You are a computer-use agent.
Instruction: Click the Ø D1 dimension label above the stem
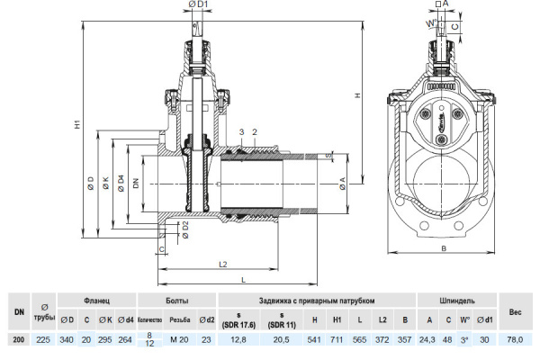tap(199, 5)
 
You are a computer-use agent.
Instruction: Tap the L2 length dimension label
tap(223, 263)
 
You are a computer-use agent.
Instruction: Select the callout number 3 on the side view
tap(241, 132)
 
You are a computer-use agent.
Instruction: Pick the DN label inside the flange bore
tap(136, 184)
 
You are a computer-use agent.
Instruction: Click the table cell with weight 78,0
tap(515, 339)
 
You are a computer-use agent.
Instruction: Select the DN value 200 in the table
tap(18, 339)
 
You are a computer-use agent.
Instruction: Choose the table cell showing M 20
tap(180, 339)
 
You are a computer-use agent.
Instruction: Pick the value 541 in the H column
tap(314, 339)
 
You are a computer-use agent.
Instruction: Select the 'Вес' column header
tap(515, 311)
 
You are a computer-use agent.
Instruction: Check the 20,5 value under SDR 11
tap(281, 339)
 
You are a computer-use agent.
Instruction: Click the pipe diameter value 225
tap(43, 339)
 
